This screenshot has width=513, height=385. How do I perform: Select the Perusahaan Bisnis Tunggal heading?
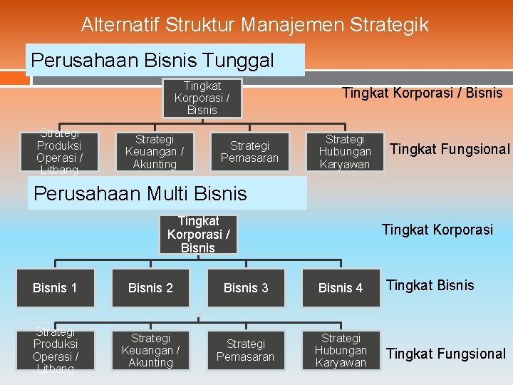click(x=152, y=60)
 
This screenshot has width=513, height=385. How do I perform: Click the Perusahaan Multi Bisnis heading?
click(x=140, y=193)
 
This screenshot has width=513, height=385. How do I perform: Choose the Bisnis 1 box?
click(x=55, y=288)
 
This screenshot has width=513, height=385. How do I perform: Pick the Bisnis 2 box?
click(x=150, y=288)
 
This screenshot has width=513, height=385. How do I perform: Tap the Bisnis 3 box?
click(x=246, y=288)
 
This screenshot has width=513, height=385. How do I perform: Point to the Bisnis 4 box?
click(x=341, y=288)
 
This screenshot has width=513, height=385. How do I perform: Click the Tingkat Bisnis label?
click(x=430, y=285)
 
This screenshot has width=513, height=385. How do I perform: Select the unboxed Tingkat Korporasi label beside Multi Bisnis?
click(x=437, y=230)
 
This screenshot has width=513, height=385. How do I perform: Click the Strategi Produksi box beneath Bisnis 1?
click(x=55, y=351)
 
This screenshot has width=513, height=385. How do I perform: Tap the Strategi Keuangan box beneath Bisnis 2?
click(x=150, y=350)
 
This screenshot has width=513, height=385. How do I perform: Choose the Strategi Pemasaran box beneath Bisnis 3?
click(x=245, y=350)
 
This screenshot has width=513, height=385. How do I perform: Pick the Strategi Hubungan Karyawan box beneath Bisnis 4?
click(x=341, y=350)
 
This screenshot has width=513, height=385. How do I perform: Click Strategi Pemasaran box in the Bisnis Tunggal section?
click(x=249, y=152)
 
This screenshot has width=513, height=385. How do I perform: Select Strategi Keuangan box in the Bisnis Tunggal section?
click(x=155, y=152)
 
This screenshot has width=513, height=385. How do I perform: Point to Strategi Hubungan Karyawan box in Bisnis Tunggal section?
click(x=345, y=152)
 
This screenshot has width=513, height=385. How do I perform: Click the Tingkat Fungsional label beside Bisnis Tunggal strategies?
click(x=450, y=149)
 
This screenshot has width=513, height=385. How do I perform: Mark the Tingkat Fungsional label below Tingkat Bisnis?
click(x=445, y=354)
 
